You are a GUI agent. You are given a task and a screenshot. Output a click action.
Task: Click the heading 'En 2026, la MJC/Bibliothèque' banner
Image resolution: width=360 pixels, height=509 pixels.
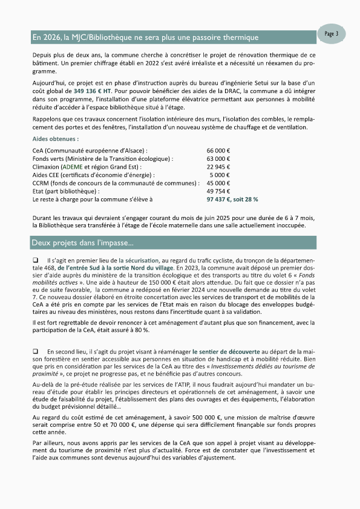pos(145,37)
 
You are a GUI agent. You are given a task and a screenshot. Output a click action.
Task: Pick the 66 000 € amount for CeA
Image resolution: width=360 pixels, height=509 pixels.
pos(222,149)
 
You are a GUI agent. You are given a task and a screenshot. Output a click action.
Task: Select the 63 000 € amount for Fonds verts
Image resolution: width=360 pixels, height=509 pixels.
pos(222,158)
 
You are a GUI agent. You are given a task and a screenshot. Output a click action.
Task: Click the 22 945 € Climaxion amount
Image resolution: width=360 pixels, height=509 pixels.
pos(222,166)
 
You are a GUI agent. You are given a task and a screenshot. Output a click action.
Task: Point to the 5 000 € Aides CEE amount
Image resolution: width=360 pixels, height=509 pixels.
pos(224,175)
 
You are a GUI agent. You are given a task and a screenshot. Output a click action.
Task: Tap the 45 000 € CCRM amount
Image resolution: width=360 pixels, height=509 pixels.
pos(222,183)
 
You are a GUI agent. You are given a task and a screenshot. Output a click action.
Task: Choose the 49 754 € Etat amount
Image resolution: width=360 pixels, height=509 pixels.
pos(222,191)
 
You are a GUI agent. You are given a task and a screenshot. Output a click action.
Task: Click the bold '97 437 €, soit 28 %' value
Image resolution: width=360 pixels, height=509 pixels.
pos(232,199)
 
